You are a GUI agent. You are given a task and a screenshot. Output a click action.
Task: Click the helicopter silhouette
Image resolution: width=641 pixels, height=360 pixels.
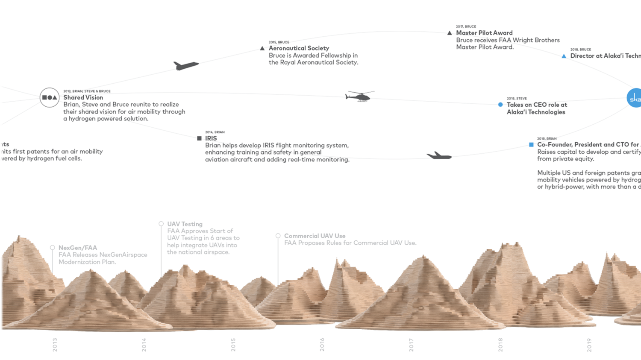click(x=359, y=97)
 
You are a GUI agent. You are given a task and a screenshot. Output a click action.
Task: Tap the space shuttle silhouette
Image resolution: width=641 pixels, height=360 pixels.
click(x=186, y=65)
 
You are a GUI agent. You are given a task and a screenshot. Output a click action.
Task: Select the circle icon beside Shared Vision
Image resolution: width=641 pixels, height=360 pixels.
click(x=50, y=97)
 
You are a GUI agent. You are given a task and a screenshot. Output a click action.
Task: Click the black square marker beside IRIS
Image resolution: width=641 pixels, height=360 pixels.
click(x=199, y=138)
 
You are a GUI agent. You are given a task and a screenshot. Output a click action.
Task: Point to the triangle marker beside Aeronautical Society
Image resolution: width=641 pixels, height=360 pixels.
click(x=262, y=48)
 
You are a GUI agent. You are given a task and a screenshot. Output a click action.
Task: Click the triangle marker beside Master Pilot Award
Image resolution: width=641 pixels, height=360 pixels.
click(x=450, y=33)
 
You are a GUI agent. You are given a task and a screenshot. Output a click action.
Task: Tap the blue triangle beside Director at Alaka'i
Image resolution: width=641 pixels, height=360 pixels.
click(x=564, y=56)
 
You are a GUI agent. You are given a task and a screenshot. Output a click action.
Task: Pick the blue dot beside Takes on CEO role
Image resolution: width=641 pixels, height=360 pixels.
click(x=500, y=105)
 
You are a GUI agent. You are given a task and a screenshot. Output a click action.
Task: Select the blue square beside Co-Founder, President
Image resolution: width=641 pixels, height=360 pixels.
click(x=531, y=145)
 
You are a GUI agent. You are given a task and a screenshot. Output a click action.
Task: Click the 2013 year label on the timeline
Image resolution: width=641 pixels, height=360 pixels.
click(x=55, y=345)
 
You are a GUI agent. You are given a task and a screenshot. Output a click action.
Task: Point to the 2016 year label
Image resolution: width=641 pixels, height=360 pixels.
click(x=322, y=345)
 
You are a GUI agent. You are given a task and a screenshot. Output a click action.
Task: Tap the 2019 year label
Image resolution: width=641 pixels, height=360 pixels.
click(x=589, y=345)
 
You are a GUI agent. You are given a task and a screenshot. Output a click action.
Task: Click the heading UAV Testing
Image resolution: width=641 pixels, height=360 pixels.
click(x=185, y=224)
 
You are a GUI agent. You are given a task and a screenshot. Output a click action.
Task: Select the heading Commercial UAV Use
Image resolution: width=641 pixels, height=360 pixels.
click(x=315, y=236)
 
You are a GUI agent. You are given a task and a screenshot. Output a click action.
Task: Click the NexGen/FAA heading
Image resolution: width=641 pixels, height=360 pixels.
click(x=78, y=248)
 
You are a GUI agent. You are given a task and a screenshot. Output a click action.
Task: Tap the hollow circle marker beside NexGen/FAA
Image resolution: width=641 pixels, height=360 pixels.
click(x=53, y=248)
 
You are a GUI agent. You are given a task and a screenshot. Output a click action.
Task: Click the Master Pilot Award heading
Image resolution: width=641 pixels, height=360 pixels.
click(x=484, y=33)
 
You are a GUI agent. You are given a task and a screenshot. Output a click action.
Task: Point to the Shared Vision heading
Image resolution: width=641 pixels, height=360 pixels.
click(x=83, y=97)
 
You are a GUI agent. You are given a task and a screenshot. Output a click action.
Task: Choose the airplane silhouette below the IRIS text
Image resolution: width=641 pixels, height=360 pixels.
click(x=439, y=156)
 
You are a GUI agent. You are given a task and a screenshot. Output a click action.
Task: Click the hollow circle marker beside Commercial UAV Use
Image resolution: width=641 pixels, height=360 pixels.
click(x=278, y=236)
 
